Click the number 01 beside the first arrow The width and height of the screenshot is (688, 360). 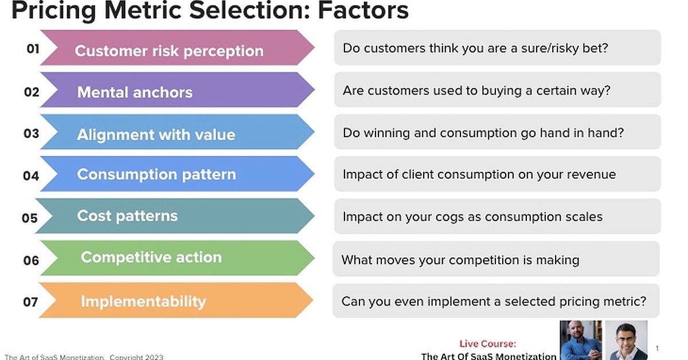pyautogui.click(x=33, y=49)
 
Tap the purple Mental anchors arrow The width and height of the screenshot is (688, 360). pyautogui.click(x=172, y=92)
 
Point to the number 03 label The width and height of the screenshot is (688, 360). pyautogui.click(x=32, y=134)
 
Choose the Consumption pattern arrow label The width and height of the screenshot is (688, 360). pyautogui.click(x=157, y=174)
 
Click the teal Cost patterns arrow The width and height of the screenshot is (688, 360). pyautogui.click(x=172, y=216)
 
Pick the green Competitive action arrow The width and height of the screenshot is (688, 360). pyautogui.click(x=172, y=257)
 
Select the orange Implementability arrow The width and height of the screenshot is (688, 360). pyautogui.click(x=172, y=300)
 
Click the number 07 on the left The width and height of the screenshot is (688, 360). pyautogui.click(x=31, y=302)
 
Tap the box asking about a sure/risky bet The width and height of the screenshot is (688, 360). pyautogui.click(x=497, y=48)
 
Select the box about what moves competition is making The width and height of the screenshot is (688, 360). pyautogui.click(x=495, y=260)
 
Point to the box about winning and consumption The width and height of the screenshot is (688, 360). pyautogui.click(x=497, y=132)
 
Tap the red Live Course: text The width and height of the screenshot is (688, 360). pyautogui.click(x=487, y=344)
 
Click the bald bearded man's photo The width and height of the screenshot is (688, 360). pyautogui.click(x=580, y=341)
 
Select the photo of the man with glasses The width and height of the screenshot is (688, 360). pyautogui.click(x=626, y=342)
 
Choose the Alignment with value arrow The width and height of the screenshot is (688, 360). pyautogui.click(x=172, y=134)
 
